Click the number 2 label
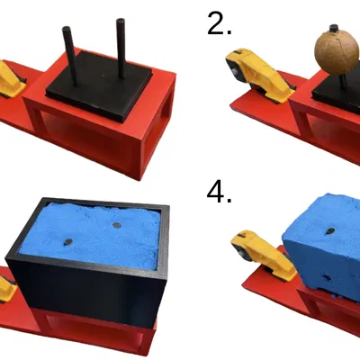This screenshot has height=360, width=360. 219,23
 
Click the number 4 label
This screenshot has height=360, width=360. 219,192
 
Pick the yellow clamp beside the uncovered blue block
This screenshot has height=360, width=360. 261,255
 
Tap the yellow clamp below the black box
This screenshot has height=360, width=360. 7,291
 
